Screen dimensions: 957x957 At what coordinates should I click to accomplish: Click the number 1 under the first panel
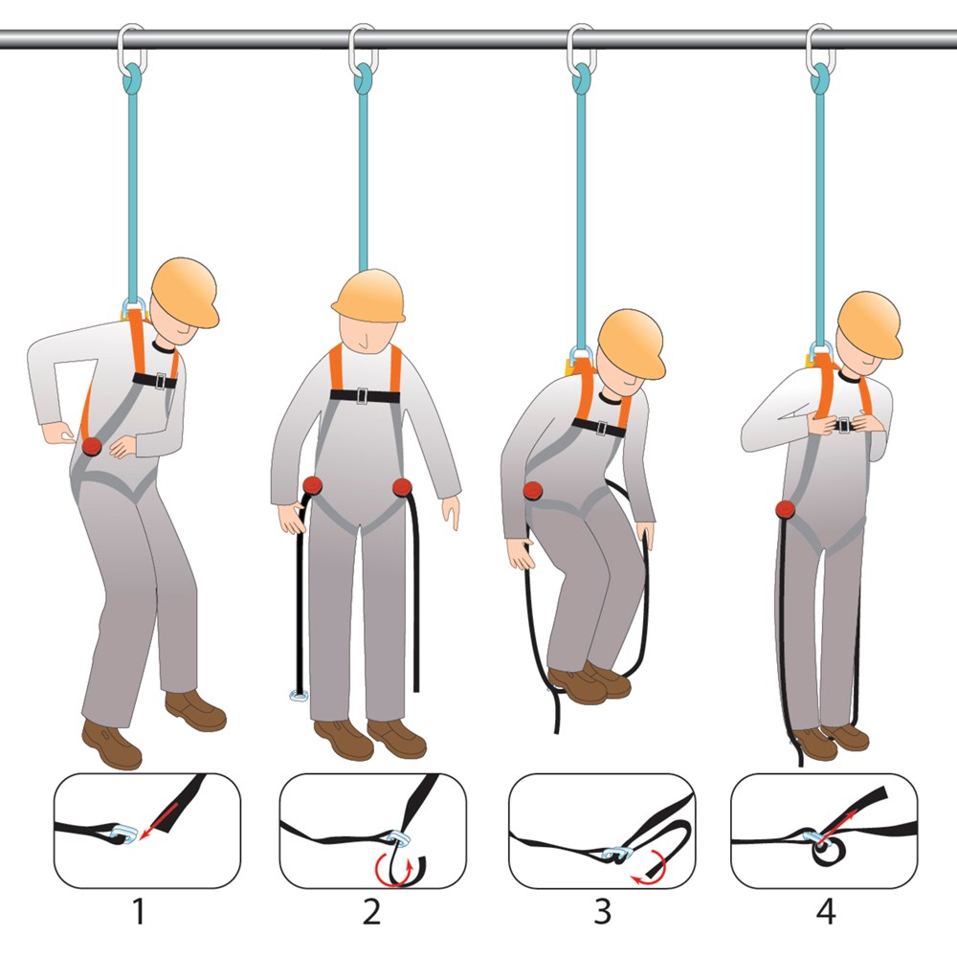139,912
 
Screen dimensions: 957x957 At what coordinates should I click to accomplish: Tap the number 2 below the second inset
371,912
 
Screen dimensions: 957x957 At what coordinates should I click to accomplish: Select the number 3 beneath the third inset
602,912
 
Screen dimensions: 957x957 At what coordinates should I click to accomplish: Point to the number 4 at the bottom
826,912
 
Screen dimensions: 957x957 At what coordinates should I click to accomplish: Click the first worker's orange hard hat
185,292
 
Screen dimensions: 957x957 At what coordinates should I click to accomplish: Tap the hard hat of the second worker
369,296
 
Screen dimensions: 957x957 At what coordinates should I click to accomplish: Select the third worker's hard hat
632,343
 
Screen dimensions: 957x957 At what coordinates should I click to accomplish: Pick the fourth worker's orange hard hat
870,323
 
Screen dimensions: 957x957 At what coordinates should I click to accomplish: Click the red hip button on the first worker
92,446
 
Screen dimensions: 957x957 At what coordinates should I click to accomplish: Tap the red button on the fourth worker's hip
786,509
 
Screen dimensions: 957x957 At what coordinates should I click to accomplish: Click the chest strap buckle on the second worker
362,395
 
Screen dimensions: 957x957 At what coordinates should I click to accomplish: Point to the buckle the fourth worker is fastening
844,424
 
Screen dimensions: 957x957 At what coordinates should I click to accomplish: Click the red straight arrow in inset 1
158,821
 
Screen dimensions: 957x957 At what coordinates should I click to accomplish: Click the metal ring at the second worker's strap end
299,695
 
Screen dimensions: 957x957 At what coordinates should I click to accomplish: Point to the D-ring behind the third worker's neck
581,355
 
